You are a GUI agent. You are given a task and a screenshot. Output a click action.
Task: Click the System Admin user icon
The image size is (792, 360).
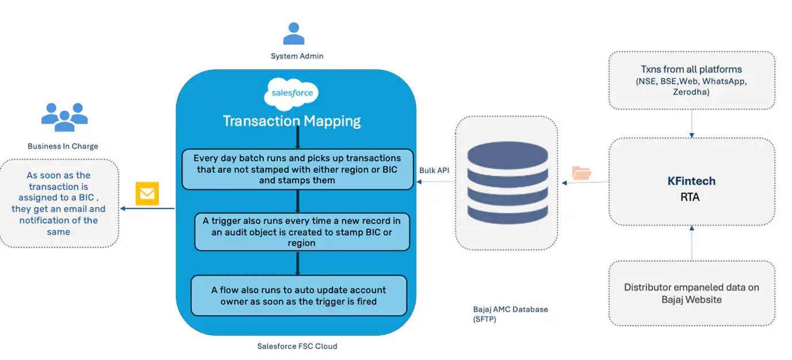pos(293,34)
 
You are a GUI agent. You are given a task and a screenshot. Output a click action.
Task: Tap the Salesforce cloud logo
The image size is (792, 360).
pos(292,94)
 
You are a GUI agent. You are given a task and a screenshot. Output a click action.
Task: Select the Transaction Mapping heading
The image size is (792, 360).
pos(292,121)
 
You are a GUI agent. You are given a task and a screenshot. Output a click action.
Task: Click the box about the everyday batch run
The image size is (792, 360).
pos(297,169)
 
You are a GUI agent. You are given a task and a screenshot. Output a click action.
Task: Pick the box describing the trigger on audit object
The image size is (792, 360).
pos(302,232)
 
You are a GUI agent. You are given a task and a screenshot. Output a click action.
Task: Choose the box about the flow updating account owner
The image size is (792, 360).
pos(299,296)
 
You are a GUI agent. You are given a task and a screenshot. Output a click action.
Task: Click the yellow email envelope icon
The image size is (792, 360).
pos(147,193)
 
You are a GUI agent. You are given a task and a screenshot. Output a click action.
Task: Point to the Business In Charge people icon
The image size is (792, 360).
pos(64,117)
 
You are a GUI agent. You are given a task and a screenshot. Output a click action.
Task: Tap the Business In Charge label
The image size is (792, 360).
pos(63,146)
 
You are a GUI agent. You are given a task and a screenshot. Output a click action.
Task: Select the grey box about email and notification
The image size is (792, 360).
pos(59,204)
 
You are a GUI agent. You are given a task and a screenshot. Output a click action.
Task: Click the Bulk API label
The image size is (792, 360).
pos(434,171)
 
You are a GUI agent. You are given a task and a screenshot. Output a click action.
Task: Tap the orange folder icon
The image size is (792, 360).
pos(581,173)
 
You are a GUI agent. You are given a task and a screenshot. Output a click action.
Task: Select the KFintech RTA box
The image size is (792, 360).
pos(691,182)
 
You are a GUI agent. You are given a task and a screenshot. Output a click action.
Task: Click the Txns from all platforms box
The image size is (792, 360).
pos(691,80)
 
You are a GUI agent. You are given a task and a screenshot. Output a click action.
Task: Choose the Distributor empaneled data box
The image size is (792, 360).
pos(691,293)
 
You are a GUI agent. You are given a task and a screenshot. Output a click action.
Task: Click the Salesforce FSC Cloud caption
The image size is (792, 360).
pos(297,346)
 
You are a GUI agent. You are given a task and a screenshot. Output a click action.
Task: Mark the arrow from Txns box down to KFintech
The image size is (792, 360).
pos(691,124)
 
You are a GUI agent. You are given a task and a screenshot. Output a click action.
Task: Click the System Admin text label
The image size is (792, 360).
pos(297,56)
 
